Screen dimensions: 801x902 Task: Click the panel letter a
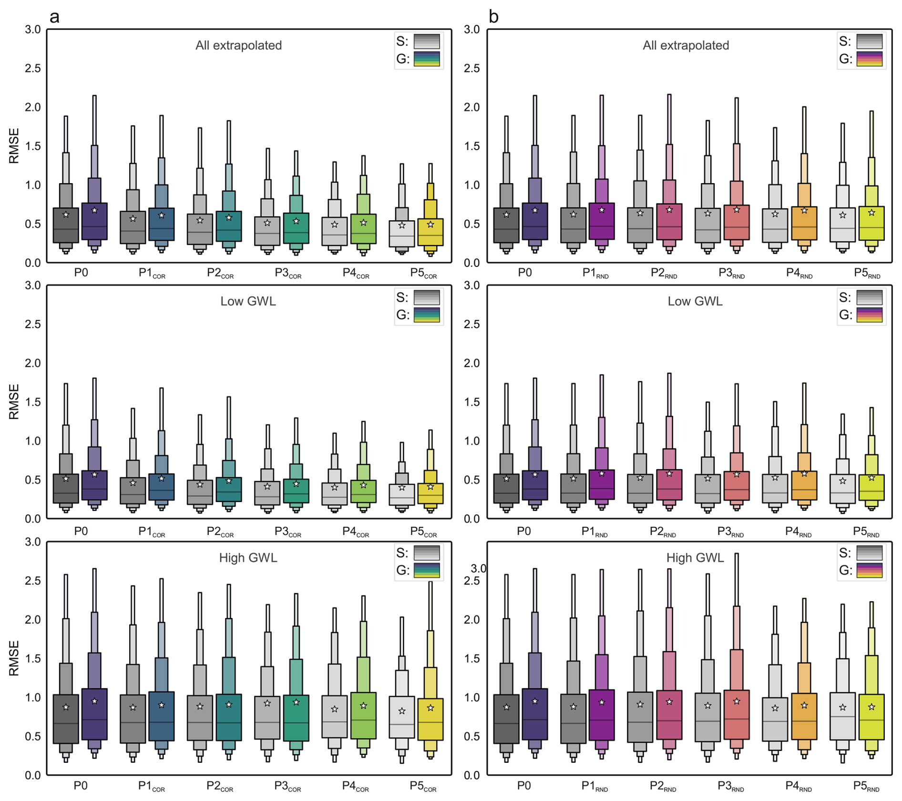[x=55, y=17]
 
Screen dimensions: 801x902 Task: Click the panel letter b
[x=493, y=17]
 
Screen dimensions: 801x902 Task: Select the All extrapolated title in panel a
[x=238, y=45]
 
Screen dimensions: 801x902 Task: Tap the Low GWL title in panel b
[x=695, y=301]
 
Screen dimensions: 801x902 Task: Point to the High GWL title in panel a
[x=248, y=557]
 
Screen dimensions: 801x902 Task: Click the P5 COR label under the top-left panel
[x=423, y=273]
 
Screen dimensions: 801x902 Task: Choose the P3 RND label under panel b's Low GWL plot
[x=730, y=532]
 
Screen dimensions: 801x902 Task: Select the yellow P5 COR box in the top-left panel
[x=430, y=232]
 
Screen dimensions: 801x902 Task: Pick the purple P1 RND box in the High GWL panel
[x=602, y=715]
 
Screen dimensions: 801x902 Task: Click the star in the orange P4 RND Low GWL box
[x=804, y=473]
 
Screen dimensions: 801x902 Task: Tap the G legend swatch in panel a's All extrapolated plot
[x=427, y=59]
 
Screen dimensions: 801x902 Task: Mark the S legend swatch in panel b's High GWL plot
[x=869, y=553]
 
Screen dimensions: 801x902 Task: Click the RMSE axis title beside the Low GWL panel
[x=14, y=401]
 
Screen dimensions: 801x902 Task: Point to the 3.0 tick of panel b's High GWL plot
[x=478, y=568]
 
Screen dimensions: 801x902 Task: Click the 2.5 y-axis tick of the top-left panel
[x=33, y=68]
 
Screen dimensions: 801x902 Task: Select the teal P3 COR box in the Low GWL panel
[x=296, y=491]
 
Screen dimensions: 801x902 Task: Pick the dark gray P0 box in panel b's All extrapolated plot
[x=506, y=226]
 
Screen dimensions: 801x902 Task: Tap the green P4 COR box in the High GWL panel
[x=363, y=716]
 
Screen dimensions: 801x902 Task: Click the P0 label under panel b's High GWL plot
[x=524, y=785]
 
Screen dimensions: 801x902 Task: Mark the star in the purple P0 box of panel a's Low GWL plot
[x=94, y=474]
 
